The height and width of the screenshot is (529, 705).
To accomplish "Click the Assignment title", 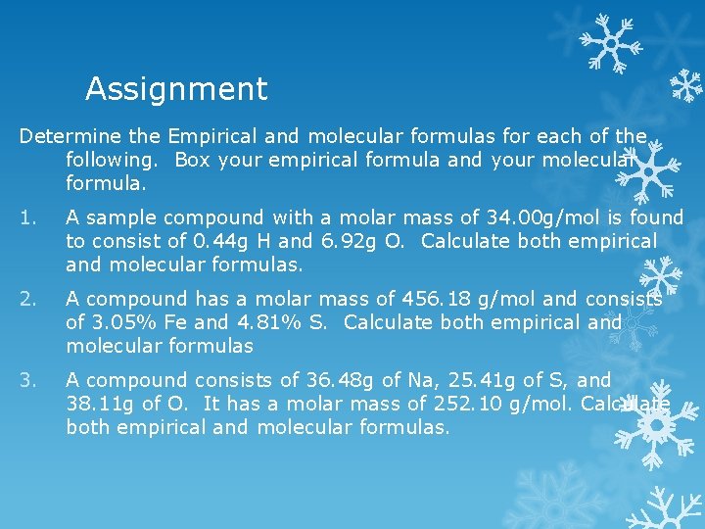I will pyautogui.click(x=176, y=89).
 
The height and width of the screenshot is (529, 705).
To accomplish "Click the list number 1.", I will pyautogui.click(x=26, y=217).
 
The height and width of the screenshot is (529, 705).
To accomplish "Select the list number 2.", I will pyautogui.click(x=27, y=299).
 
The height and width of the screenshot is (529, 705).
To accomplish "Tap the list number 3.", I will pyautogui.click(x=27, y=380).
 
